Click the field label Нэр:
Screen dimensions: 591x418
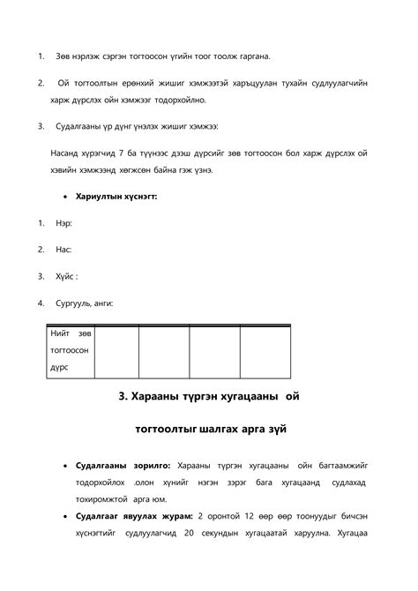[x=63, y=223]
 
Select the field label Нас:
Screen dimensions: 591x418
[x=63, y=250]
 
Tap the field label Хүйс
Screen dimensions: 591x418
[x=65, y=276]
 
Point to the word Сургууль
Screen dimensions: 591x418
[x=76, y=303]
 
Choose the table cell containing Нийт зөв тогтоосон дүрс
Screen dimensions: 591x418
[x=70, y=351]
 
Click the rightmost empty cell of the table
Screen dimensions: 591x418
[x=265, y=351]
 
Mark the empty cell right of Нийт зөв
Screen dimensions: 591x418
[x=116, y=351]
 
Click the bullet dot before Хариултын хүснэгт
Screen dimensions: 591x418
[x=68, y=197]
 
